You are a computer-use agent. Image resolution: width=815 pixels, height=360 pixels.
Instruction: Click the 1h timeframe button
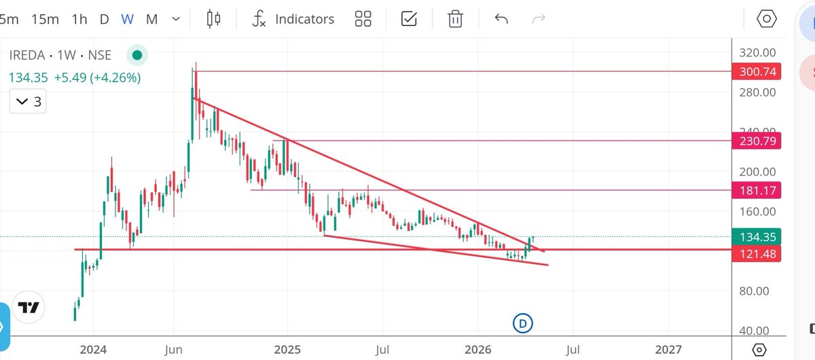(79, 19)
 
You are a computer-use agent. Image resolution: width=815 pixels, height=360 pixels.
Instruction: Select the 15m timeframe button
(46, 19)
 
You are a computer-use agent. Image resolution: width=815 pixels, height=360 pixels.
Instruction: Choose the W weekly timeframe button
(127, 19)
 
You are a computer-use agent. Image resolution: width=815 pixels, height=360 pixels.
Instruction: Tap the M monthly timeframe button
(151, 19)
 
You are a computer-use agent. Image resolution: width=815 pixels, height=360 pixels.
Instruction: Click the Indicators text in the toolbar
(304, 19)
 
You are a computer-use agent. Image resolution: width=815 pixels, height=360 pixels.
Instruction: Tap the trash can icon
(455, 19)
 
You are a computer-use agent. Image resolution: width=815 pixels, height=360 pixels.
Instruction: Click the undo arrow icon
(501, 19)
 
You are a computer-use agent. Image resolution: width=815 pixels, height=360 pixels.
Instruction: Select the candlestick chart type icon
(214, 19)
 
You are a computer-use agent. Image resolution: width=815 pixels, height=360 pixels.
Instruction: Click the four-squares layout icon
(363, 19)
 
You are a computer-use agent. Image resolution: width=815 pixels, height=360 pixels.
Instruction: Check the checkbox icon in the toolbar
(409, 19)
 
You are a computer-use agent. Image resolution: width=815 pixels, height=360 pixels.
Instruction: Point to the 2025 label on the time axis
(287, 349)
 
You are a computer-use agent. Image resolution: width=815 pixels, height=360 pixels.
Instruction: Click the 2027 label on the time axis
(669, 349)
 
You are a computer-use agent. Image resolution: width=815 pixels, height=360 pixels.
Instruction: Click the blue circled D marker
(522, 323)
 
